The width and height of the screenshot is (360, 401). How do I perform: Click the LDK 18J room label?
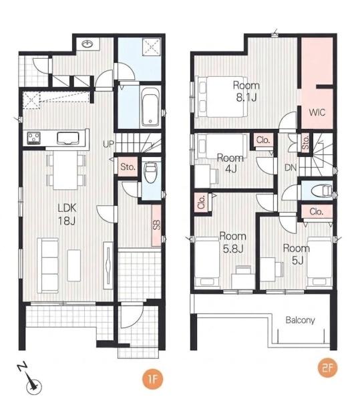(67, 215)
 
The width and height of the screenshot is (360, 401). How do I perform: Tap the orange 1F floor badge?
(152, 379)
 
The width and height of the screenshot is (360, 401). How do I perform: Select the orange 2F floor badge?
(328, 368)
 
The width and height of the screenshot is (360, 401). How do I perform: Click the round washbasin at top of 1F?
(87, 44)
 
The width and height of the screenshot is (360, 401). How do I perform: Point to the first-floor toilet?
(150, 172)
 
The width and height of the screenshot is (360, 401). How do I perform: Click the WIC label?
(317, 112)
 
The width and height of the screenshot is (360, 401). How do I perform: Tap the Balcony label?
(300, 320)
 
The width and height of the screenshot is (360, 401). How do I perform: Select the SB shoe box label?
(157, 225)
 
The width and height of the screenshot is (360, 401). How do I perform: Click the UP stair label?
(109, 144)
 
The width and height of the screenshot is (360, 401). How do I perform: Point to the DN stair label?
(291, 168)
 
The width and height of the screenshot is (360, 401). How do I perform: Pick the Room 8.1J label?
(246, 92)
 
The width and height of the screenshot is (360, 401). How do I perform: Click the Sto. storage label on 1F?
(128, 167)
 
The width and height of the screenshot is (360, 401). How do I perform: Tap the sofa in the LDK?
(48, 265)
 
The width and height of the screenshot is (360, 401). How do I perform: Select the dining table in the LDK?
(65, 170)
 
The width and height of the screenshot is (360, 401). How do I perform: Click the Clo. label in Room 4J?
(263, 140)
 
